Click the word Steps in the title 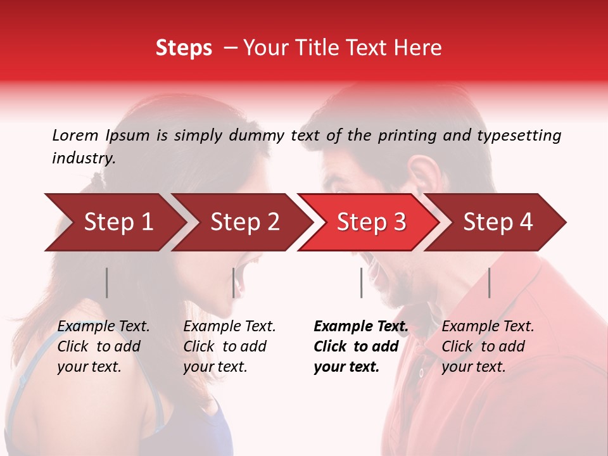[x=184, y=48]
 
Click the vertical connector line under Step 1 [x=107, y=282]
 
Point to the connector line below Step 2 [x=234, y=282]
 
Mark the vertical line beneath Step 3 [x=361, y=282]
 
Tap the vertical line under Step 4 [x=489, y=282]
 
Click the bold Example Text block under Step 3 [x=361, y=346]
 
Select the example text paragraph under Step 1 [x=103, y=346]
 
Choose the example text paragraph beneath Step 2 [x=229, y=346]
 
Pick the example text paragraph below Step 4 [x=488, y=346]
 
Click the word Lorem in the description [x=75, y=136]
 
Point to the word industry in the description [x=83, y=158]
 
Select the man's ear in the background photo [x=423, y=178]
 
